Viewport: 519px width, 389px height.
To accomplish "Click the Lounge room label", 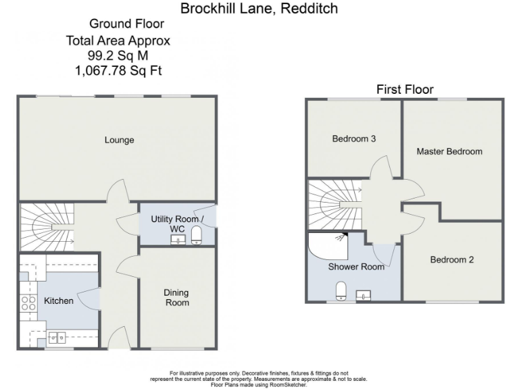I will pos(119,140).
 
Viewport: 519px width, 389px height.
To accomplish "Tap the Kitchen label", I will pos(59,301).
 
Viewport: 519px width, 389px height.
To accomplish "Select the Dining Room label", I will pos(176,298).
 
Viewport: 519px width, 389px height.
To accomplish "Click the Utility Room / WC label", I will pos(176,224).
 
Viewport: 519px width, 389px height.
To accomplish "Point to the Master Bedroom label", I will pos(449,151).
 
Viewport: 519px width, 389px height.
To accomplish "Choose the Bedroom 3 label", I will pos(354,139).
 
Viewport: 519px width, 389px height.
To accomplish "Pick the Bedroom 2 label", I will pos(452,259).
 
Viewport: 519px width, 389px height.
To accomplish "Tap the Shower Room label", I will pos(356,267).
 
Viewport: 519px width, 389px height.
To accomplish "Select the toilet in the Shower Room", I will pos(341,291).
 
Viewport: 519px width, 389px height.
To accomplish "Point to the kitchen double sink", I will pos(56,336).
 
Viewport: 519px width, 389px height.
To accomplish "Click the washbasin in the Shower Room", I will pos(363,294).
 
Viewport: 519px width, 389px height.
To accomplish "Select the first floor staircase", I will pos(335,204).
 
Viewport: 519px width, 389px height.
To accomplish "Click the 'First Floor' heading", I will pos(405,89).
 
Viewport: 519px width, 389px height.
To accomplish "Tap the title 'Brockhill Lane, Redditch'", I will pos(259,9).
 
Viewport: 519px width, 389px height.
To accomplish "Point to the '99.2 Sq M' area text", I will pos(118,55).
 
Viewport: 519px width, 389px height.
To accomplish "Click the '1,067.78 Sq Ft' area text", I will pos(118,69).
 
